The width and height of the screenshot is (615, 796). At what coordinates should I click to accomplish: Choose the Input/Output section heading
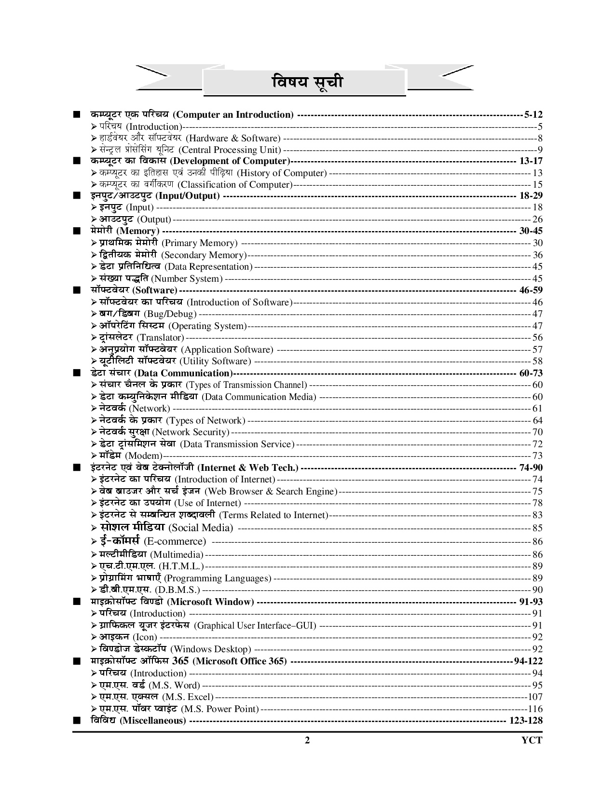(155, 196)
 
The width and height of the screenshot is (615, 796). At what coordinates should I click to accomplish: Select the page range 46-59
(531, 290)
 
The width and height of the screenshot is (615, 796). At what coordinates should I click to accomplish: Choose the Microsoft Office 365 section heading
(189, 661)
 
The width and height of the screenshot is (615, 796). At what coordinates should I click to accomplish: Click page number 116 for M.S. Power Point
(535, 709)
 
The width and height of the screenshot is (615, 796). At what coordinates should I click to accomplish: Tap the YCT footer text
(532, 741)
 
